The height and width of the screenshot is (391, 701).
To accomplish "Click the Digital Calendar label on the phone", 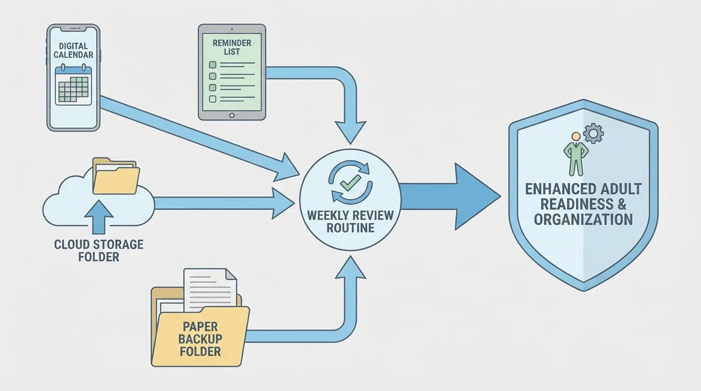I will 73,50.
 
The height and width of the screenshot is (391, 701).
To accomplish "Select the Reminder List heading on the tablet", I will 232,47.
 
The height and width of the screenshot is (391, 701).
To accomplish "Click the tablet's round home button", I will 232,115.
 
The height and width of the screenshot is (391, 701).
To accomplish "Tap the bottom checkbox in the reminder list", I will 213,99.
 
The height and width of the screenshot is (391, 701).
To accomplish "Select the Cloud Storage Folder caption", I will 99,250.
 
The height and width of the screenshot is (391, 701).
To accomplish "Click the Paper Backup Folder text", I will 200,339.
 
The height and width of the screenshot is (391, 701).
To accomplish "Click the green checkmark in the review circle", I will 351,183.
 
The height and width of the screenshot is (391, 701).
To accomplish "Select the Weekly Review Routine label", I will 350,221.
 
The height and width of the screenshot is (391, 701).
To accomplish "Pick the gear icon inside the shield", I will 593,134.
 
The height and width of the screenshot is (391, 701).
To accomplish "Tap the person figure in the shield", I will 576,154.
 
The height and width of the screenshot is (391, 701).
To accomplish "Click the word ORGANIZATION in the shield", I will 583,219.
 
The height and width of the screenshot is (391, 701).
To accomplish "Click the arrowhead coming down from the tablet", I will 350,133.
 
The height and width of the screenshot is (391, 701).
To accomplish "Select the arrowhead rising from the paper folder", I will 350,267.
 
